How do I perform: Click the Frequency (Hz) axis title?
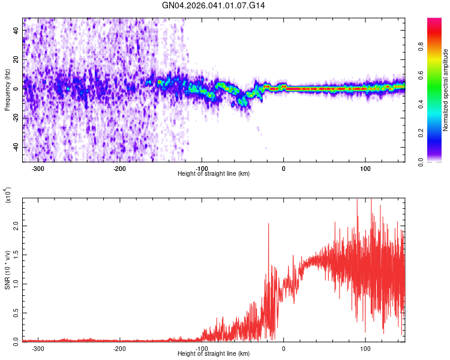[8, 89]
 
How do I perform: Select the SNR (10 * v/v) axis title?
[8, 269]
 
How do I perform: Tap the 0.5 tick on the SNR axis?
[17, 313]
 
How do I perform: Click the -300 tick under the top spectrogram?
[38, 168]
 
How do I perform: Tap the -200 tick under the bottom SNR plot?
[119, 348]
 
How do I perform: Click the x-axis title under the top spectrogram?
[214, 174]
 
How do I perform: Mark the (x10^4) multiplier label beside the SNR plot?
[8, 196]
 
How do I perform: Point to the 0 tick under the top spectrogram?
[284, 168]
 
